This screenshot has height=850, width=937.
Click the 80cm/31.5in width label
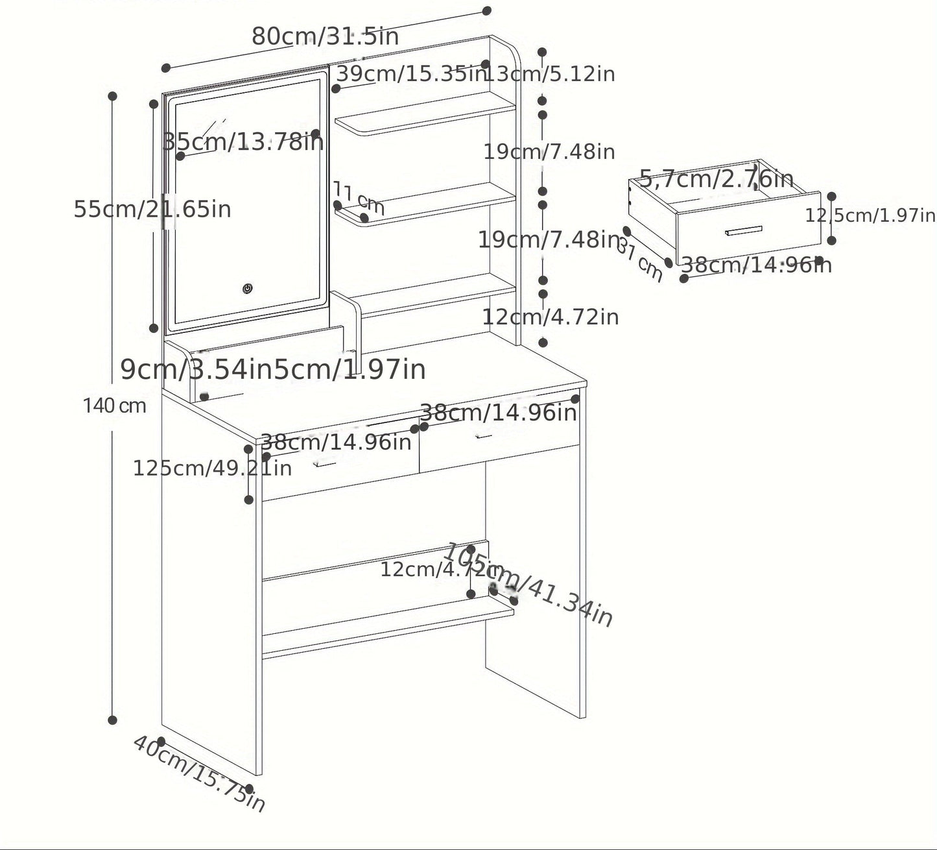point(326,36)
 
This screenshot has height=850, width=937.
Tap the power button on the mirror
point(248,289)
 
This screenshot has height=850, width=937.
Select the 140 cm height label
point(114,406)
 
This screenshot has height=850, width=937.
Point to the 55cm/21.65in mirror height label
point(152,210)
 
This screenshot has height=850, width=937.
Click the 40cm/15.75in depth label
point(199,773)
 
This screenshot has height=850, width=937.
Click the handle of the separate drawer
point(744,231)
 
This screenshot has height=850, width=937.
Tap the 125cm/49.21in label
point(212,468)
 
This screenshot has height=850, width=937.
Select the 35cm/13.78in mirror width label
point(243,141)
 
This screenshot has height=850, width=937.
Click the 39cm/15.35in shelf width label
point(410,74)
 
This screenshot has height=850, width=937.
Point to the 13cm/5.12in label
point(551,74)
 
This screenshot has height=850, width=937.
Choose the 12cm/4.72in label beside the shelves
point(551,317)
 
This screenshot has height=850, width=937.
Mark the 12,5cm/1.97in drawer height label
point(870,215)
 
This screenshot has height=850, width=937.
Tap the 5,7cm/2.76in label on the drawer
point(717,178)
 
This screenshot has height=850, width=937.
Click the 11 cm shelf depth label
point(359,198)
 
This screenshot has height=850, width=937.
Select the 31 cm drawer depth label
point(640,259)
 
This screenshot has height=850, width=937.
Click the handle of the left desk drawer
point(326,463)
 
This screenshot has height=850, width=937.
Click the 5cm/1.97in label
point(350,369)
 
